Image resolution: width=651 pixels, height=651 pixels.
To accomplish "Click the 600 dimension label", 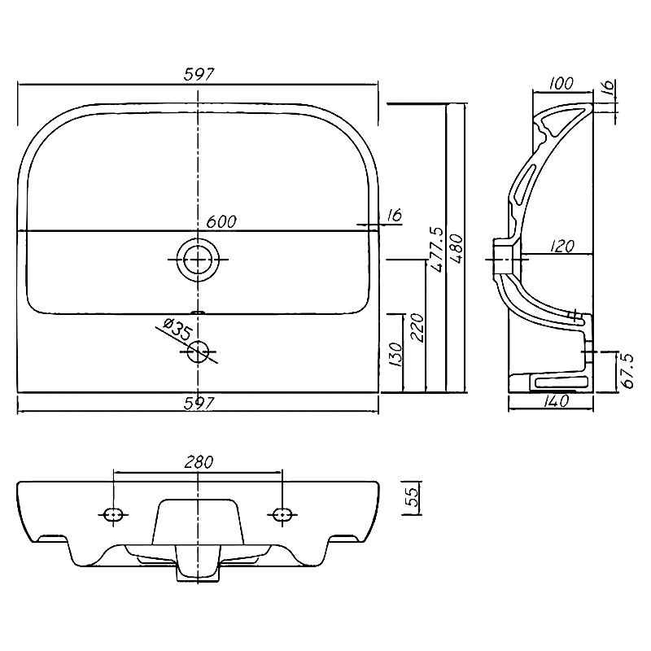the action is click(221, 221).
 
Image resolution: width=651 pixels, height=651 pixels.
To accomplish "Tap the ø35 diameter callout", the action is click(177, 330).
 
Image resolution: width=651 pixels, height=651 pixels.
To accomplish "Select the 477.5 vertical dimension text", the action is click(437, 249).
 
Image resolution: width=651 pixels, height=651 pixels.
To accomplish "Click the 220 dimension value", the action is click(417, 327).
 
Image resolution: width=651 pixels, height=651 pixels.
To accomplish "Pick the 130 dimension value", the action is click(396, 354).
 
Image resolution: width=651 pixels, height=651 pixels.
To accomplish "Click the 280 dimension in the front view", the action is click(199, 462).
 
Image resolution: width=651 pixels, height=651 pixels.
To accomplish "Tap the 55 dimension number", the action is click(411, 496).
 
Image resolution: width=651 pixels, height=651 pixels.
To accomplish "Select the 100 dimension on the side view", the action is click(561, 84).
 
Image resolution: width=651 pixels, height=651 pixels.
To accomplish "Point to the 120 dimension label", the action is click(562, 246).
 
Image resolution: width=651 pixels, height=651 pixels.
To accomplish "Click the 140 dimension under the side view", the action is click(556, 400).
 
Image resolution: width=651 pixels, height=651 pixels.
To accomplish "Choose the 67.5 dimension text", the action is click(627, 371).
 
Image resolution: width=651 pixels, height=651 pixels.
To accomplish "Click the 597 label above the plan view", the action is click(199, 74).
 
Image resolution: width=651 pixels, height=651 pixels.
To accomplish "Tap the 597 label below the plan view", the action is click(199, 403).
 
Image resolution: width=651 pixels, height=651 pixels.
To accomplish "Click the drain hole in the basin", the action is click(198, 259).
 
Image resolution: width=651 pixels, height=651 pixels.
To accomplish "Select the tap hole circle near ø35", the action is click(198, 352).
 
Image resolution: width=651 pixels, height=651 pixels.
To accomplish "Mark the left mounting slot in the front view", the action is click(113, 514).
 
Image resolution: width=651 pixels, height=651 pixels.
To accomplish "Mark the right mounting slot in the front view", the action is click(282, 514).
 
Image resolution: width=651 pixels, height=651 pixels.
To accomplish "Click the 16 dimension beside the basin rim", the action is click(394, 215).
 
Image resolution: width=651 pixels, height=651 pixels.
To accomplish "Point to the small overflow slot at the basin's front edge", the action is click(198, 312).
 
